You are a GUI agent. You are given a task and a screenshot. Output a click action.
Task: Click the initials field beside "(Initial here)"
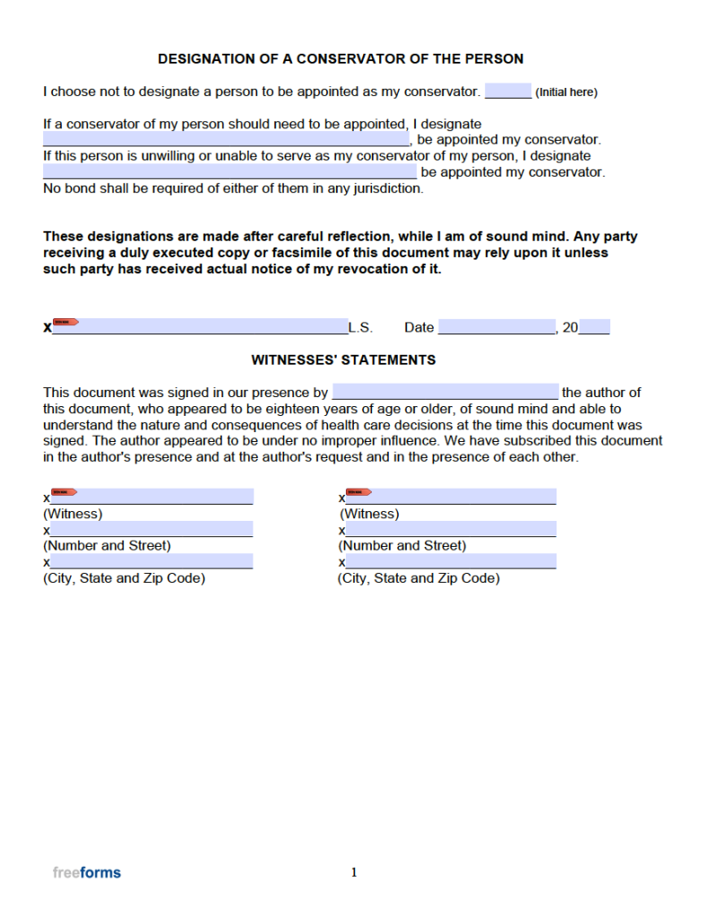coord(507,91)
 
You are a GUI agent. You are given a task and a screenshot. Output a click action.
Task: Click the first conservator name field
coord(226,139)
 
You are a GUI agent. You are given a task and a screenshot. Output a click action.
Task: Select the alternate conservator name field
coord(229,171)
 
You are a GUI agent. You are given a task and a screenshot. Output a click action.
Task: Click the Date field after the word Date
coord(496,327)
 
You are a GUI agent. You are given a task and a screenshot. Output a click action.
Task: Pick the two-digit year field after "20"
coord(594,327)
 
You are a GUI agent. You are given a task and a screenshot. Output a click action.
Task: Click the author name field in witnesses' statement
coord(445,392)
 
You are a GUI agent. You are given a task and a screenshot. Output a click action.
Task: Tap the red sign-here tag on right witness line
coord(359,491)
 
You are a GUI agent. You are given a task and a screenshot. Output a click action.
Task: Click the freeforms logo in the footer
coord(87,872)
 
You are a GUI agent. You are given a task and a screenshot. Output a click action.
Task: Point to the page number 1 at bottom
coord(354,872)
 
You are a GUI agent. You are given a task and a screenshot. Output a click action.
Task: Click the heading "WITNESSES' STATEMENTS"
coord(343,359)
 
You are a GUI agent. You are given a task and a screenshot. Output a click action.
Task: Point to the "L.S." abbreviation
coord(360,327)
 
